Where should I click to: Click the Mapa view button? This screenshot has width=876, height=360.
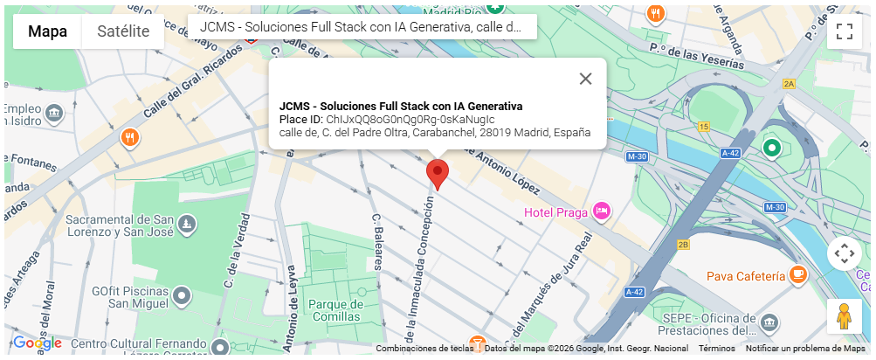(47, 31)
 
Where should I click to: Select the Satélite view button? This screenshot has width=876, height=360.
(122, 31)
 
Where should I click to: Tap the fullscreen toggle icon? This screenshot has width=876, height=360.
(844, 31)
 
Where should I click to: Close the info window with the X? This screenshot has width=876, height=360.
(585, 79)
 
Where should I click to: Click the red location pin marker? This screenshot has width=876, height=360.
(437, 173)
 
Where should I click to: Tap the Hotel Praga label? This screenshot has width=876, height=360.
(555, 212)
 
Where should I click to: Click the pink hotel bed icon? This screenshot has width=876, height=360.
(601, 211)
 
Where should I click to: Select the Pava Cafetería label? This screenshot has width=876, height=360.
(745, 276)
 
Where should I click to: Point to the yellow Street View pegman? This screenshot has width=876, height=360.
(844, 316)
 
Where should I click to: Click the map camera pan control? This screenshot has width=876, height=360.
(844, 253)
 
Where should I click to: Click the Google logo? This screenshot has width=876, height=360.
(37, 343)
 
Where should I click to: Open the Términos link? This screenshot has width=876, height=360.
(716, 349)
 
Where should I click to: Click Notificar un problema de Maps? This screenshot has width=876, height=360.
(805, 349)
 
